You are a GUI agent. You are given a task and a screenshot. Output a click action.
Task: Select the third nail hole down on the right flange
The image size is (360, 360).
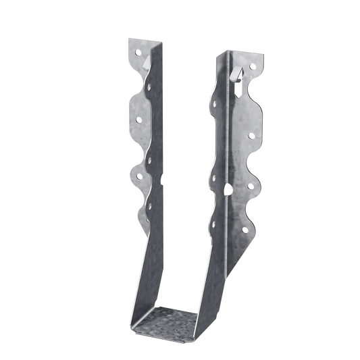pyautogui.click(x=252, y=184)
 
